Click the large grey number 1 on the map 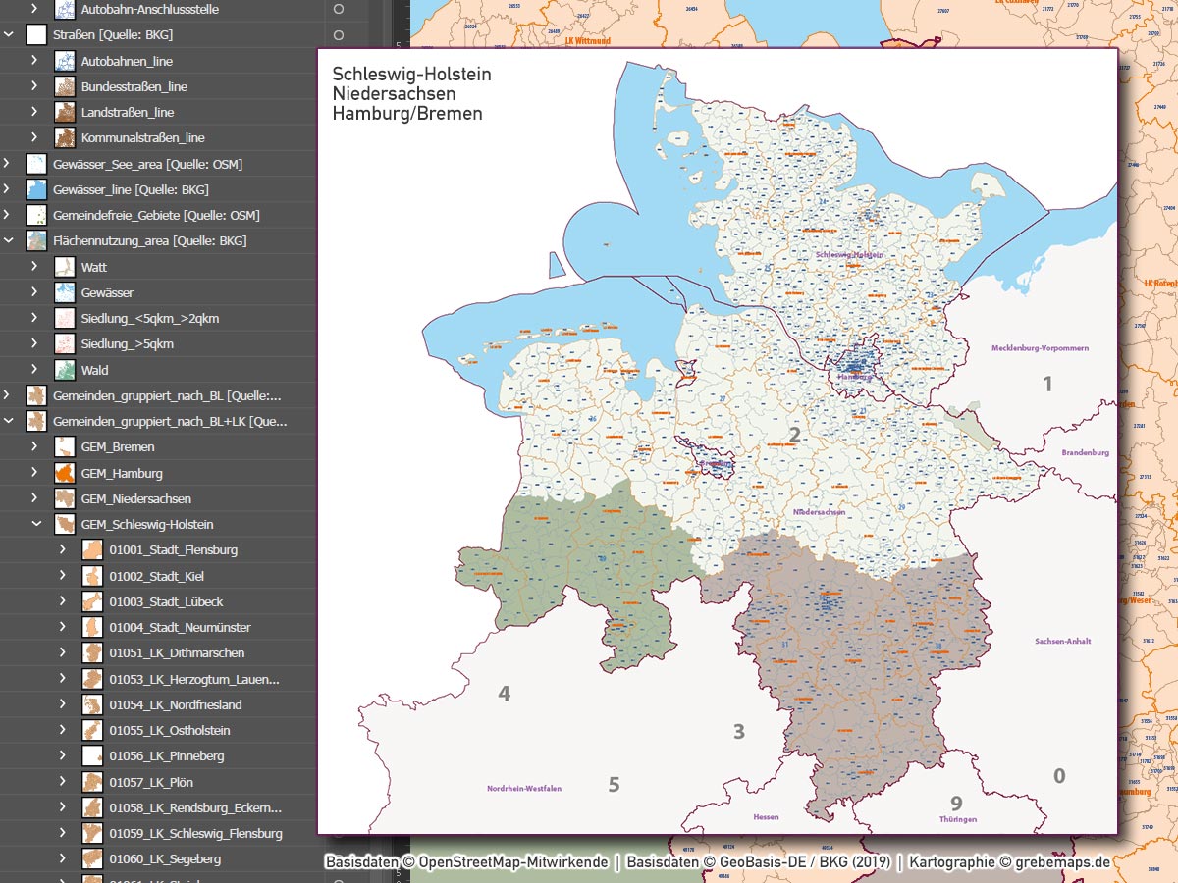1047,385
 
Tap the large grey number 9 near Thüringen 956,804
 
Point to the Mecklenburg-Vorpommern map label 1040,348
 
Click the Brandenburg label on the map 1085,452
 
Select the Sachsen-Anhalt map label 1062,642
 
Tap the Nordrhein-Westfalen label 524,788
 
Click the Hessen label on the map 766,816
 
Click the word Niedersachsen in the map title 394,94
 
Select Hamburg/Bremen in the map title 407,114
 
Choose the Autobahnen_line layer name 127,61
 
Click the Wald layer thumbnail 65,370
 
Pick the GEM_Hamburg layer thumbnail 65,473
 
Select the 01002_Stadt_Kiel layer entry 157,576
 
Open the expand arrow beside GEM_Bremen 34,446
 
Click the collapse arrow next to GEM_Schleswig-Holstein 34,524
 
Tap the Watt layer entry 94,267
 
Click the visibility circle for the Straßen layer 339,35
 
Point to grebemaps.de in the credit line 1063,862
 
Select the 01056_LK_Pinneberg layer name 167,756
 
